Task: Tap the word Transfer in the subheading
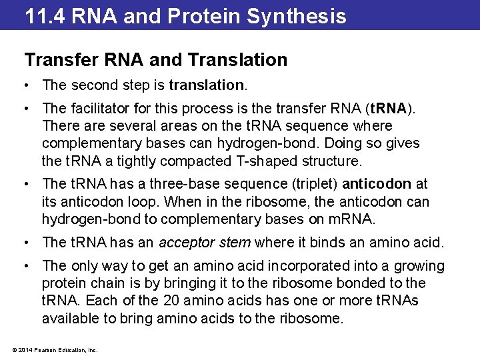[x=58, y=60]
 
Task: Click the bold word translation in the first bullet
[x=207, y=85]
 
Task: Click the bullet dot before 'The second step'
[x=27, y=85]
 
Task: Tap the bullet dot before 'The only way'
[x=27, y=266]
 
